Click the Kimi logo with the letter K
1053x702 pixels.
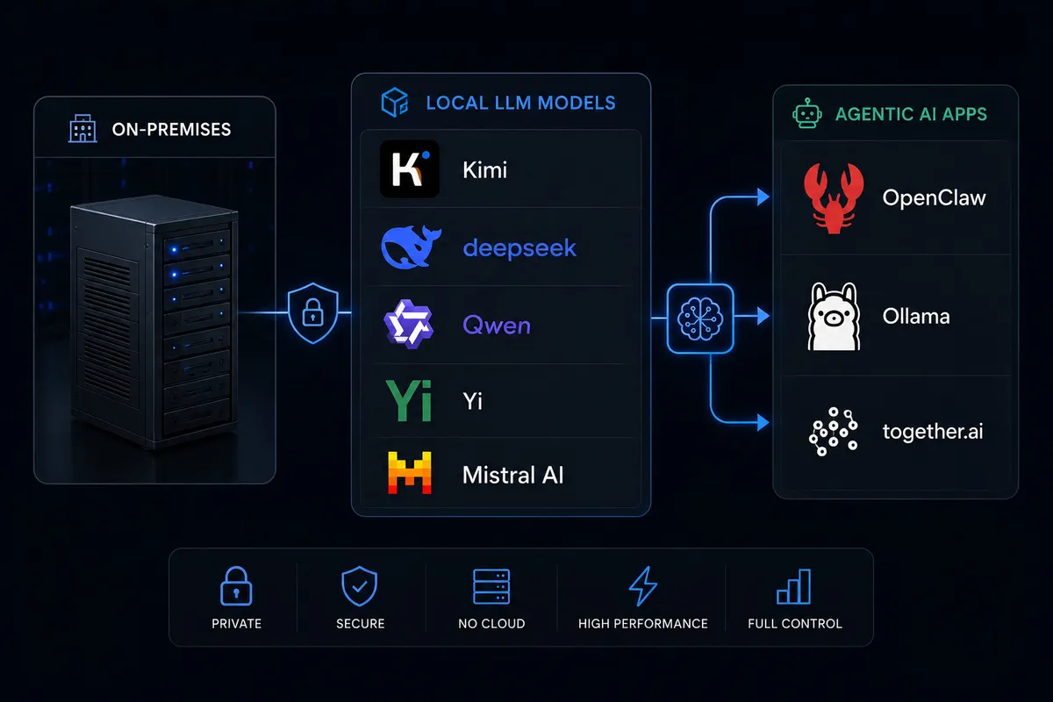click(x=410, y=168)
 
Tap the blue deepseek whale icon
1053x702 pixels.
click(x=411, y=247)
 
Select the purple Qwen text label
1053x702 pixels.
click(x=497, y=325)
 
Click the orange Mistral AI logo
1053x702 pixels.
click(x=410, y=473)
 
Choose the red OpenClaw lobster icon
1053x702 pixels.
click(x=834, y=198)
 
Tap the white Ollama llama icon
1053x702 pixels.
click(x=834, y=317)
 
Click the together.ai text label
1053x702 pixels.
click(x=933, y=432)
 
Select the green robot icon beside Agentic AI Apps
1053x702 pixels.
click(x=807, y=113)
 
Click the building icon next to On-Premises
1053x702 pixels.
click(x=82, y=128)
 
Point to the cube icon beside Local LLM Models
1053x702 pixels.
click(x=394, y=102)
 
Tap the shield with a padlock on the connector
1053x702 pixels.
click(x=312, y=312)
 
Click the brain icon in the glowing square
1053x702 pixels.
click(x=700, y=319)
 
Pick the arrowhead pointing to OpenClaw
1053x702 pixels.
click(x=763, y=197)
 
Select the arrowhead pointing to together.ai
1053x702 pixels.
click(x=763, y=422)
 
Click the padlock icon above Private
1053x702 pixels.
click(x=236, y=585)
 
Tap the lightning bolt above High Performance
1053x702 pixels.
click(x=643, y=586)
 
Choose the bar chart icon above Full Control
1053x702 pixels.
click(x=794, y=586)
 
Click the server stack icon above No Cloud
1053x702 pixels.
click(x=491, y=586)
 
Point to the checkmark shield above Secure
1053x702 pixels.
click(x=359, y=586)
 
